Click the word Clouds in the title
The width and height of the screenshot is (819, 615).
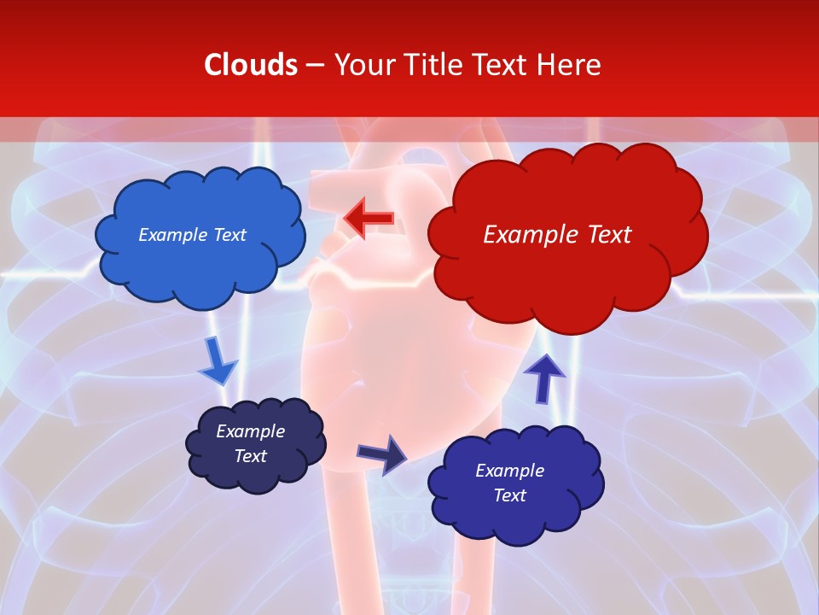tap(251, 65)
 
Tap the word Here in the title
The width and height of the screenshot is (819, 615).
tap(571, 65)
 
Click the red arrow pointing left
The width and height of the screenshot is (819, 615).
tap(369, 219)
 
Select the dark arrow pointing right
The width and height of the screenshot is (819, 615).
tap(382, 454)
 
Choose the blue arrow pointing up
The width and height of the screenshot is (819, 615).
tap(543, 378)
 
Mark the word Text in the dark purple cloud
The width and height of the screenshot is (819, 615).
tap(250, 456)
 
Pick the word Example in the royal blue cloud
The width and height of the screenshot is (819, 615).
tap(509, 471)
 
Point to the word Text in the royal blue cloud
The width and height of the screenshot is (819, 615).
tap(509, 495)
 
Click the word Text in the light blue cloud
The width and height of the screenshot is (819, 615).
tap(229, 235)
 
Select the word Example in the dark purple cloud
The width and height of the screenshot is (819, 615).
tap(250, 431)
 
